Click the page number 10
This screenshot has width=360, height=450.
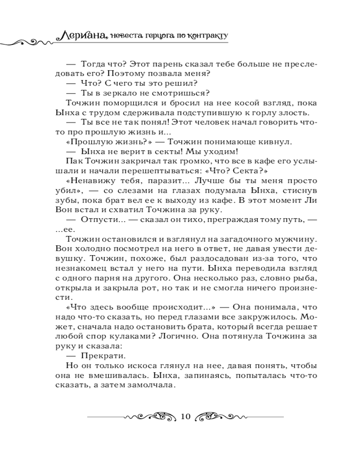coord(185,415)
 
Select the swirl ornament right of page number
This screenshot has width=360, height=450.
coord(220,416)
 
